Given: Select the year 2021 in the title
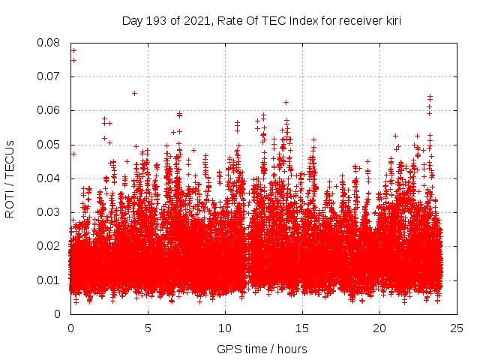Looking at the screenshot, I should pos(191,21).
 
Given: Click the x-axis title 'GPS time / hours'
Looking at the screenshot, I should pos(262,349).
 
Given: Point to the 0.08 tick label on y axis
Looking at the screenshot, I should pos(50,43).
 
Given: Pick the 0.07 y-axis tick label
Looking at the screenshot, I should pos(50,76).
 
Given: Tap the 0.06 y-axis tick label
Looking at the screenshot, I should pos(50,110).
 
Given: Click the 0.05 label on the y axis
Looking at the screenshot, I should pos(50,145).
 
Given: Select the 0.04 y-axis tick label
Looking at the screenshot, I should pos(50,178).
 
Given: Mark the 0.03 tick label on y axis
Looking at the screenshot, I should pos(50,212).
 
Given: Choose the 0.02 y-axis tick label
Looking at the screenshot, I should pos(50,246).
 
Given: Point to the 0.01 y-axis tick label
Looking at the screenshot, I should pos(50,280).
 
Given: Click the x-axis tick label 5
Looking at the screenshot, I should pos(148,328).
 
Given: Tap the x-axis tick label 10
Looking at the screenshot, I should pos(225,328).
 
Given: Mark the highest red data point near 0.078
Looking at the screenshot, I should pos(73,50).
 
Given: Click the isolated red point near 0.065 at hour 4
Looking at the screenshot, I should pos(134,93).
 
